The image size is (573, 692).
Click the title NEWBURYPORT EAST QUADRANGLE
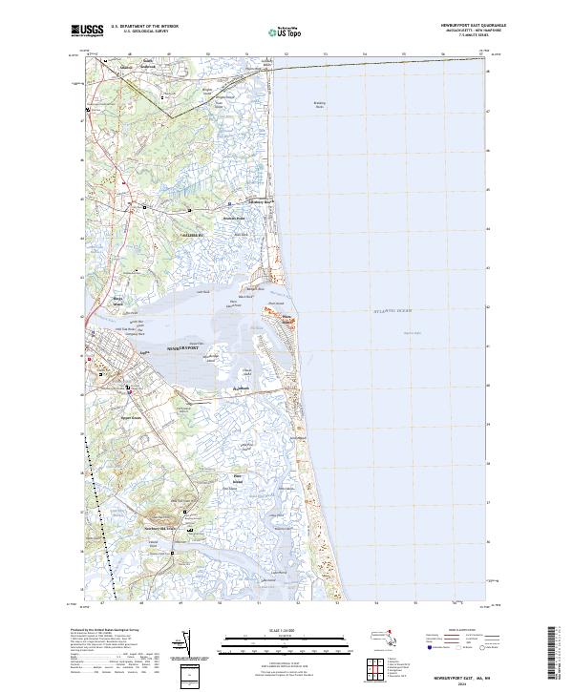click(474, 25)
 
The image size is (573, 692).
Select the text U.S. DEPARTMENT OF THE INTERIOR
click(144, 26)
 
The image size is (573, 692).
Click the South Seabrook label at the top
click(147, 62)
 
